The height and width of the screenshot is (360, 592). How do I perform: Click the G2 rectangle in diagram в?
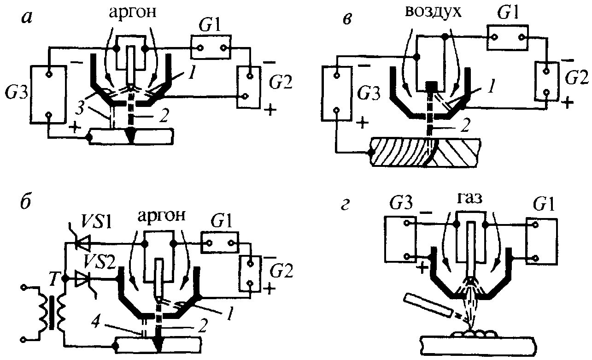(546, 82)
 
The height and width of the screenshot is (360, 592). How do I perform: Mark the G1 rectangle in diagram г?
(542, 241)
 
